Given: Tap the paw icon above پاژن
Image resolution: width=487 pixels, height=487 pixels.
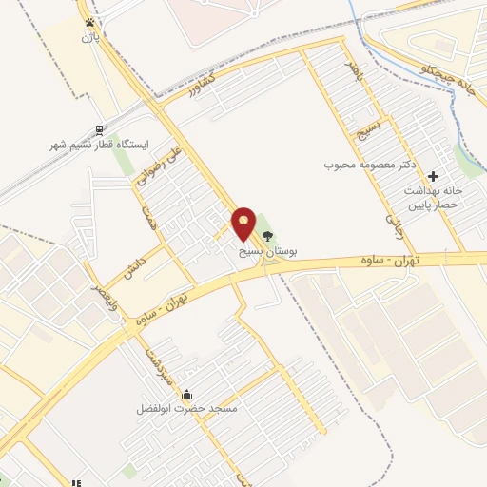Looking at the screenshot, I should (89, 22).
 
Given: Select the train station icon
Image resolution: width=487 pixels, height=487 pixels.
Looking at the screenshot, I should (99, 130).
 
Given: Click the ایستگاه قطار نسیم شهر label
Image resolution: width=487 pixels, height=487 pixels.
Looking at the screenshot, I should (100, 146).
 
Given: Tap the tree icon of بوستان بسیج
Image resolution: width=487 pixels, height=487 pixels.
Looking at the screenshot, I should (267, 236).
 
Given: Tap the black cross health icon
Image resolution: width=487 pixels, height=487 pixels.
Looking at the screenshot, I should (434, 176).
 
